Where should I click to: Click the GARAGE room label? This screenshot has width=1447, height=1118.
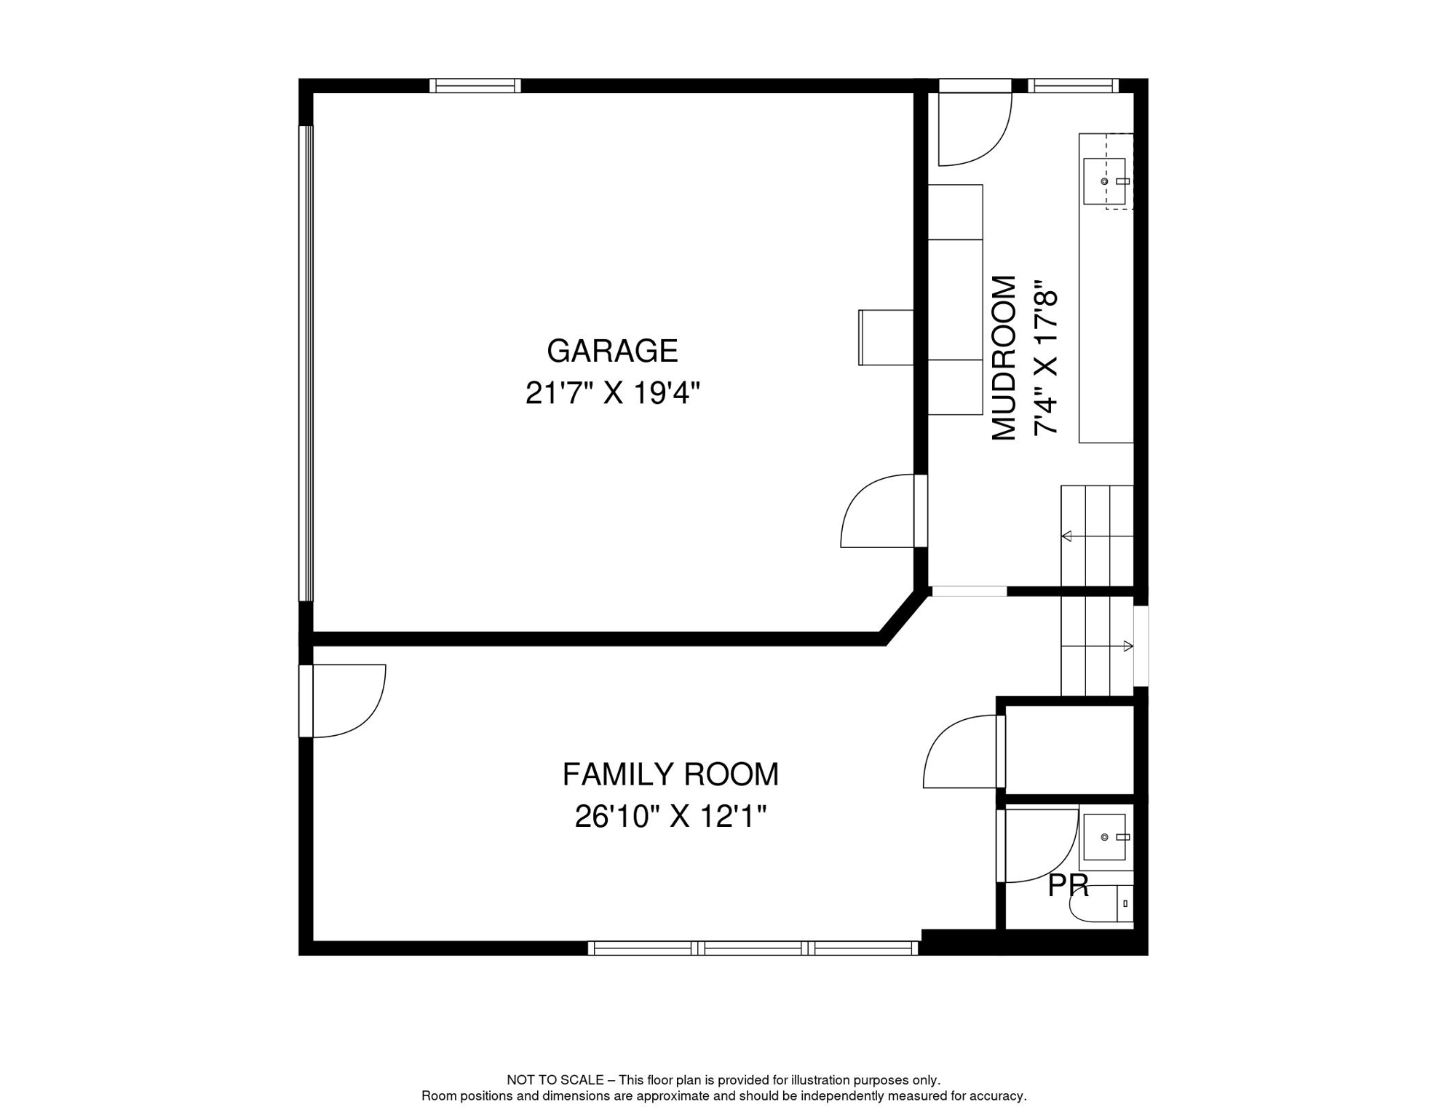tap(612, 351)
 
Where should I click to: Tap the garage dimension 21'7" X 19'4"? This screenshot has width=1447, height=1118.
tap(612, 393)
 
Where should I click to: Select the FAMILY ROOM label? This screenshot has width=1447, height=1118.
tap(670, 774)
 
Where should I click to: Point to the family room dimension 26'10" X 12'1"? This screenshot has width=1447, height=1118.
tap(670, 816)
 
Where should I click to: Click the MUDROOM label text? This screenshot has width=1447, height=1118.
tap(1004, 358)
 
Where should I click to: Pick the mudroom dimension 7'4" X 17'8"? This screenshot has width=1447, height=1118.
tap(1045, 358)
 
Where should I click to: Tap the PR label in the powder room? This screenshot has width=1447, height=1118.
tap(1068, 886)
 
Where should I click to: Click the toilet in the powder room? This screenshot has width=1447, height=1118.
tap(1101, 904)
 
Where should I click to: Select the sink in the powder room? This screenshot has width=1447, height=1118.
tap(1105, 837)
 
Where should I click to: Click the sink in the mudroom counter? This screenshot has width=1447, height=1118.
tap(1105, 181)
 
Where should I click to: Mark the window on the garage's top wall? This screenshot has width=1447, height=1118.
tap(475, 85)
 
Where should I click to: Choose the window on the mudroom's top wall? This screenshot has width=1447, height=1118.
tap(1073, 85)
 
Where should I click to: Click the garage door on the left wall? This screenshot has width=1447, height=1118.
tap(306, 363)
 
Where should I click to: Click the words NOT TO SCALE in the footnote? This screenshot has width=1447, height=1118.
tap(555, 1080)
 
